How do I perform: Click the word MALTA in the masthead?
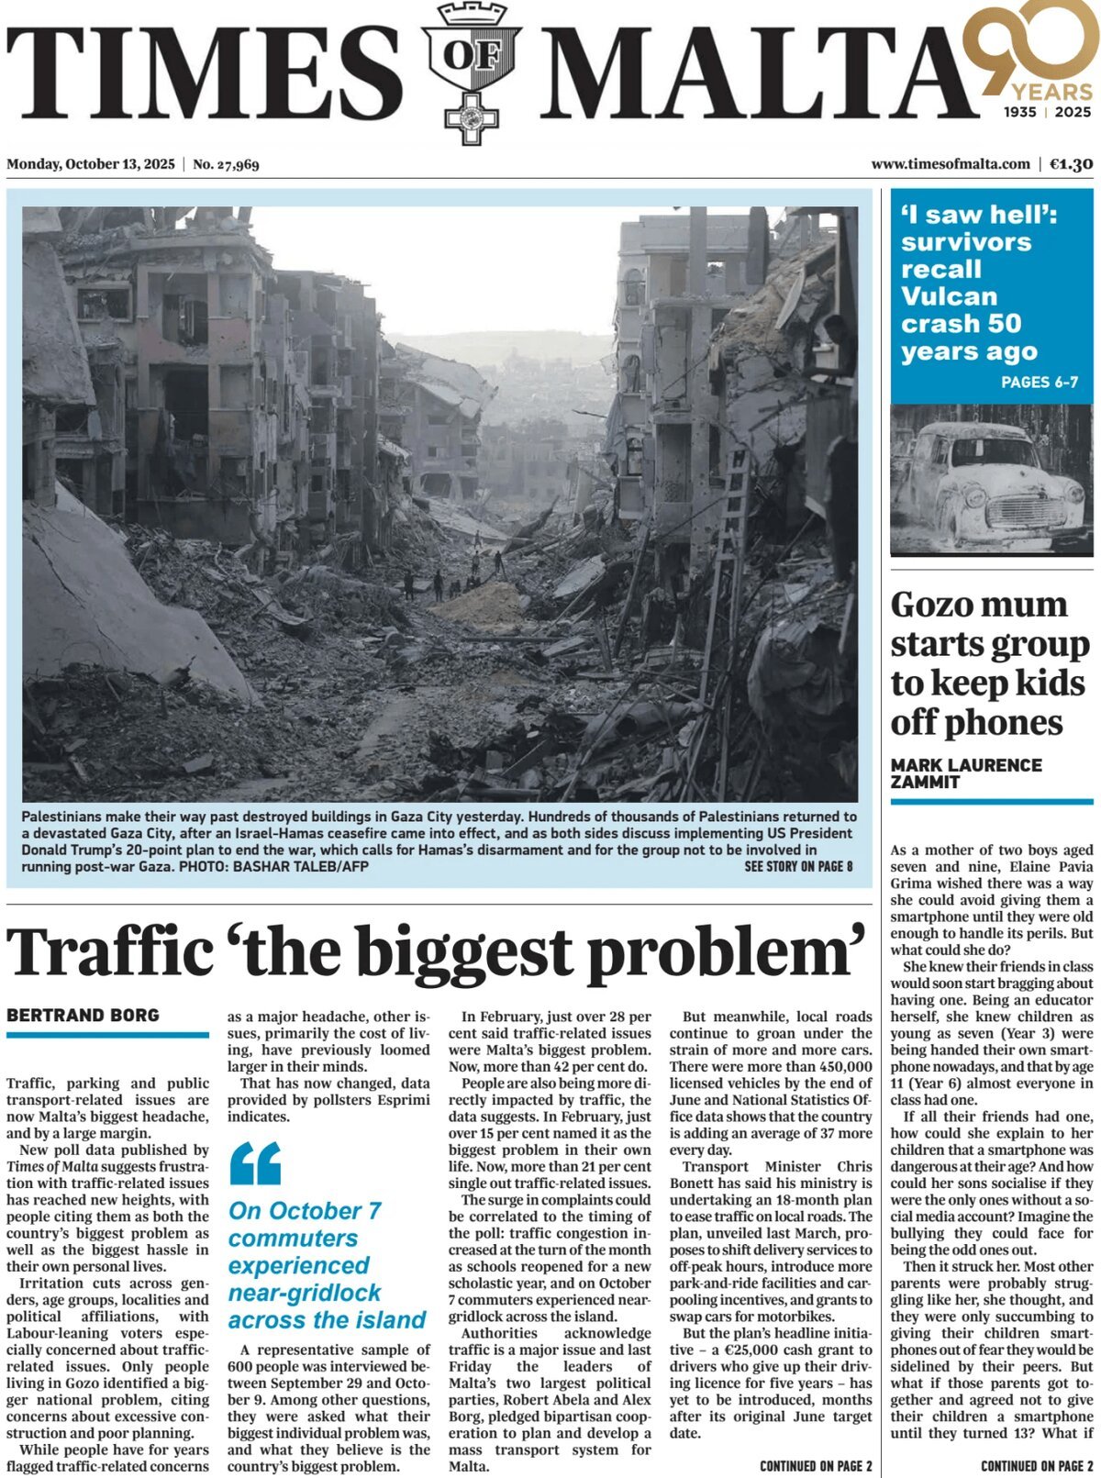click(x=752, y=73)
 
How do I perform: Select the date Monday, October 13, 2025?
click(x=90, y=164)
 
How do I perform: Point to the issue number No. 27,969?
click(x=226, y=164)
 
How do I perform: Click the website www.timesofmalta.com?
click(x=951, y=164)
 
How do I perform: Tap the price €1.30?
click(x=1071, y=164)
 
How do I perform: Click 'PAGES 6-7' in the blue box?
click(x=1039, y=382)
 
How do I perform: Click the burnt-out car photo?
click(x=991, y=480)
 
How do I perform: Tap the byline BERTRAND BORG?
click(x=83, y=1015)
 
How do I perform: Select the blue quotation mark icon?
click(x=255, y=1162)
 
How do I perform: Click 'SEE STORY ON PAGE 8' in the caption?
click(x=798, y=866)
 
